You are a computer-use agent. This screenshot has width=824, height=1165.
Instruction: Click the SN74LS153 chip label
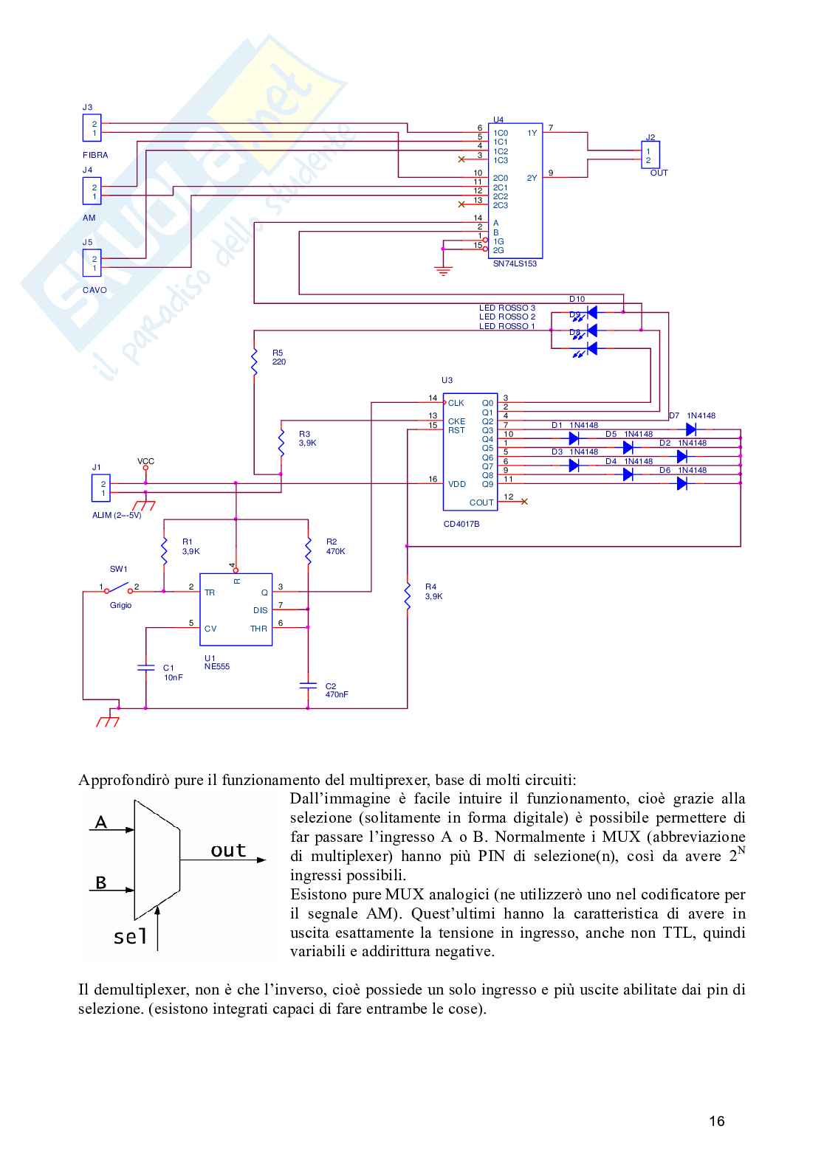(x=515, y=263)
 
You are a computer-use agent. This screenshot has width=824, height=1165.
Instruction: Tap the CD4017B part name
(x=461, y=524)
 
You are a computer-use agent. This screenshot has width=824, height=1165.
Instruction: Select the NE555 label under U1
(x=217, y=666)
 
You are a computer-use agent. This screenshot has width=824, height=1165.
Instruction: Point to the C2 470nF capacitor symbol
(x=308, y=685)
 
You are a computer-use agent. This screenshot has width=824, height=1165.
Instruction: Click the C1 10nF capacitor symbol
(x=145, y=668)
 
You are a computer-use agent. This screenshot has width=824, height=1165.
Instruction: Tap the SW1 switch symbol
(x=118, y=589)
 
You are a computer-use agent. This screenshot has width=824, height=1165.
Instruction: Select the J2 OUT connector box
(x=650, y=156)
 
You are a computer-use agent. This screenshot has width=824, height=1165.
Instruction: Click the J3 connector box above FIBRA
(x=92, y=128)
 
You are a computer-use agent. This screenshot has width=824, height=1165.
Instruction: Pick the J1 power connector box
(x=100, y=488)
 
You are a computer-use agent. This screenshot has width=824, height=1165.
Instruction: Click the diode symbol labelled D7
(x=691, y=429)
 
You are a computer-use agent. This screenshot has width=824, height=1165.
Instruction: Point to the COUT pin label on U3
(x=481, y=502)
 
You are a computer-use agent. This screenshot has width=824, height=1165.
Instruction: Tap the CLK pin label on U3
(x=456, y=403)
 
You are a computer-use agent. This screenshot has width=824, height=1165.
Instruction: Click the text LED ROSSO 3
(x=507, y=308)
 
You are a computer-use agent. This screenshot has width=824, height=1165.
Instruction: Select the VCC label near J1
(x=145, y=461)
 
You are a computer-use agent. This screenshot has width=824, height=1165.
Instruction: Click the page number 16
(x=716, y=1121)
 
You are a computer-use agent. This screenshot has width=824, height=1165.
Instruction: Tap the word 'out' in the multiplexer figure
(x=228, y=851)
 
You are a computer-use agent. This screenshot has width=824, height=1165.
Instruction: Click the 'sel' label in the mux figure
(x=130, y=937)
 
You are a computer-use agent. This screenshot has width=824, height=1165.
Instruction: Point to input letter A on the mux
(x=101, y=822)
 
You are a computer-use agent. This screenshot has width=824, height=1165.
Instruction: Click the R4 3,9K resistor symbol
(x=407, y=595)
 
